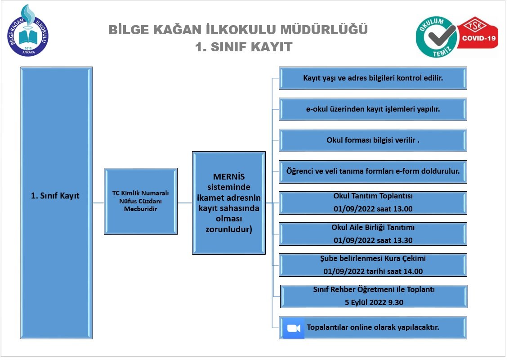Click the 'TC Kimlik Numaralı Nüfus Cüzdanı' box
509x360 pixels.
click(x=140, y=201)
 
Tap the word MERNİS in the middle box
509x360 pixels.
click(x=228, y=177)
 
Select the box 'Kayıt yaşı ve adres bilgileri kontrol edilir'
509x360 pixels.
click(x=373, y=78)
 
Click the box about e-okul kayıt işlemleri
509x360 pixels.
click(x=373, y=109)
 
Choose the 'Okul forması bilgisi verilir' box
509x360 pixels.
click(x=373, y=140)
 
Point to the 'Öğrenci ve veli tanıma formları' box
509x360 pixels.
click(x=373, y=171)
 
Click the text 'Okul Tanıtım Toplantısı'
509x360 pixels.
click(x=373, y=196)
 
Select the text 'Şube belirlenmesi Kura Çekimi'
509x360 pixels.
click(x=373, y=259)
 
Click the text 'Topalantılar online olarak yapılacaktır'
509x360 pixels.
click(x=373, y=327)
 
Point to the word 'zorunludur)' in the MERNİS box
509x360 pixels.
click(x=228, y=229)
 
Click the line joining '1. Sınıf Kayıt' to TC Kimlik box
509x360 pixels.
click(x=98, y=203)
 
